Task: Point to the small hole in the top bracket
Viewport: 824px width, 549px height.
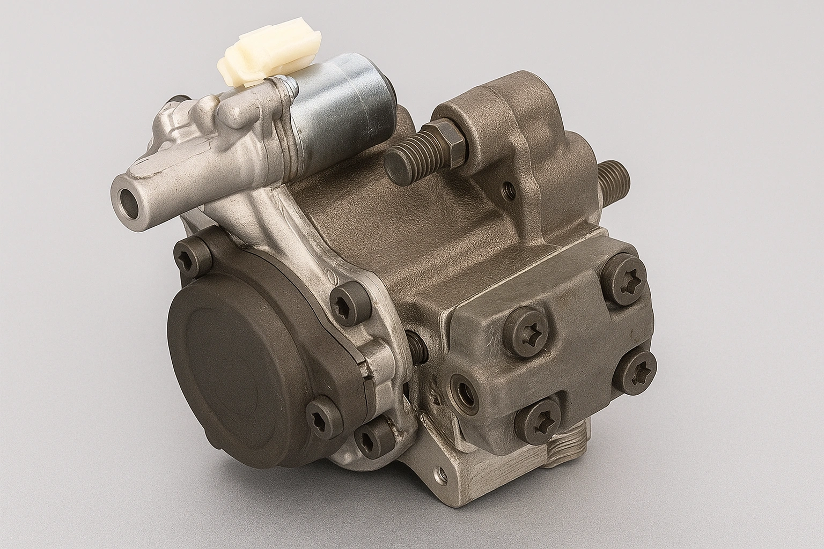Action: tap(507, 188)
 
